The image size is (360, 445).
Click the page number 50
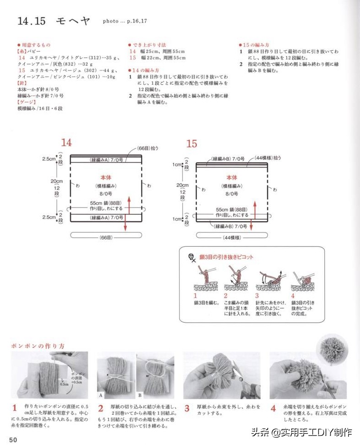(12, 440)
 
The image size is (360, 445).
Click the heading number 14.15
(32, 21)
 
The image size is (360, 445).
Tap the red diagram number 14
(66, 143)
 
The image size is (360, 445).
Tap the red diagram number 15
(191, 144)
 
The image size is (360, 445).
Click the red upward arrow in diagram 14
(130, 203)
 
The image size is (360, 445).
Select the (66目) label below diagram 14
(105, 236)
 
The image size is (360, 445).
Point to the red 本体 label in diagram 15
(232, 177)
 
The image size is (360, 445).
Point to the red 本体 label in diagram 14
(106, 177)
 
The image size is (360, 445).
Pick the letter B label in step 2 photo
(140, 394)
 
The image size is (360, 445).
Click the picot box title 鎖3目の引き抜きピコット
(226, 257)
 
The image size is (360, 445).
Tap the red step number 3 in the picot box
(256, 296)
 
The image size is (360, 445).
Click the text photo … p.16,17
(125, 21)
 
